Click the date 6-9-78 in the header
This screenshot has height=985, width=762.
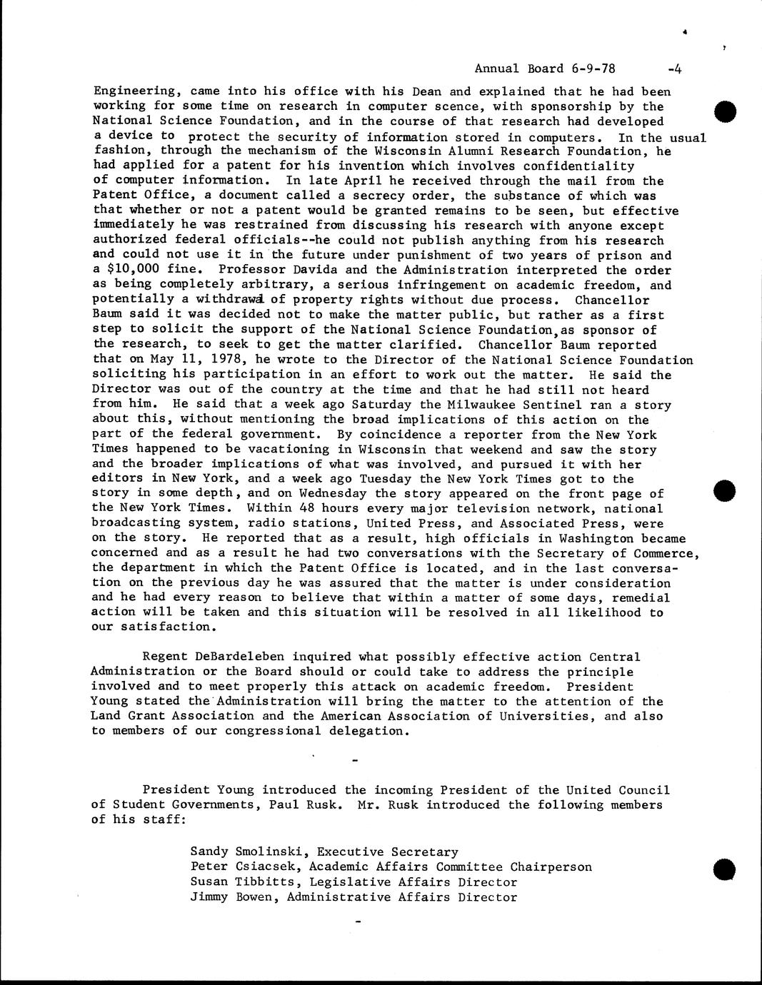(593, 69)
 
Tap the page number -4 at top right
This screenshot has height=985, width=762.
(674, 69)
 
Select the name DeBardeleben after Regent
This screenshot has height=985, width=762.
(241, 657)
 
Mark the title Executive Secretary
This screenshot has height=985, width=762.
(387, 852)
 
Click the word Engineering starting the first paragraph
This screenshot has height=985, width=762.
(134, 91)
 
